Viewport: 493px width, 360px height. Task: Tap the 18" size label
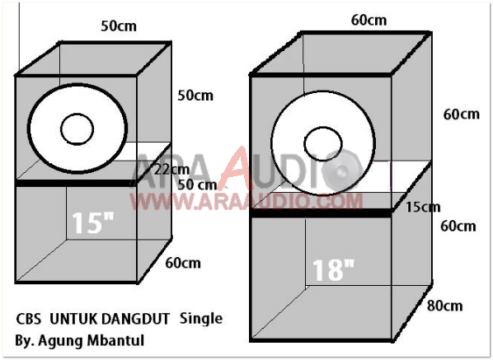tap(333, 269)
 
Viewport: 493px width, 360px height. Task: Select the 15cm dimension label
tap(422, 208)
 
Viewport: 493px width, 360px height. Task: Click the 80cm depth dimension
tap(444, 306)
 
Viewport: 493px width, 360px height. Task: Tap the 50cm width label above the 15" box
tap(119, 26)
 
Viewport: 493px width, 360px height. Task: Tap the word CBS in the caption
tap(30, 317)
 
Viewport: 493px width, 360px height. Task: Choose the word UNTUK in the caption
tap(73, 317)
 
